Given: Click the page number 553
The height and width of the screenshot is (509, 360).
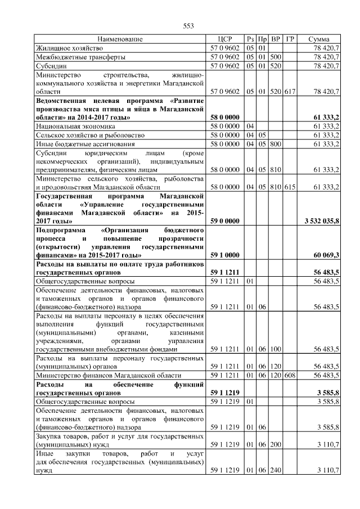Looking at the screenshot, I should (189, 26).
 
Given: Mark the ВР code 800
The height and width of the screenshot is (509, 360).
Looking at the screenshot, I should (276, 144).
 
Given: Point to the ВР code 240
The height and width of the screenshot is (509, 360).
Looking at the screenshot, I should (276, 470).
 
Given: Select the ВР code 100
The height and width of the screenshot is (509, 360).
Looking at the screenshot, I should (276, 349).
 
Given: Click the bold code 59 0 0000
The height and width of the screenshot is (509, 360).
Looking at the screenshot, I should (225, 222).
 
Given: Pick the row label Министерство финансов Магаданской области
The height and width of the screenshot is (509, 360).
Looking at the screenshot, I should (108, 375).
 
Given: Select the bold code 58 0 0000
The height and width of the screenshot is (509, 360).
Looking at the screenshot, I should (225, 117).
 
